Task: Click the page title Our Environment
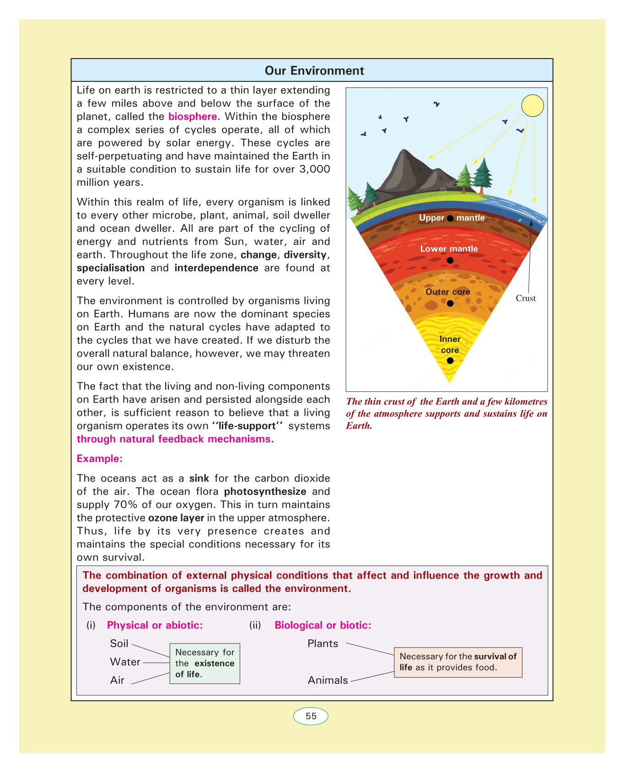(x=314, y=70)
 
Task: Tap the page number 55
(x=311, y=716)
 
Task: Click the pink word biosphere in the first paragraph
(x=192, y=117)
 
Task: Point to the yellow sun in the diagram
(x=533, y=106)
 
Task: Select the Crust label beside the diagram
(x=525, y=298)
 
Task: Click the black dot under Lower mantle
(x=450, y=260)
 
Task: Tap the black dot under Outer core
(x=450, y=303)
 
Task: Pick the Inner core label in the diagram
(x=450, y=344)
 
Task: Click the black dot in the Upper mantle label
(x=450, y=218)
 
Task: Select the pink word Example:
(x=99, y=459)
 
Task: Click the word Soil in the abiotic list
(x=119, y=644)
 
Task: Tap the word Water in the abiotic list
(x=125, y=662)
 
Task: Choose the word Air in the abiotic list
(x=117, y=680)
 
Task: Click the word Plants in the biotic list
(x=323, y=644)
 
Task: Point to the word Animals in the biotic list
(x=328, y=680)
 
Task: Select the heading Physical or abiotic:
(x=155, y=625)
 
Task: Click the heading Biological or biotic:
(x=323, y=625)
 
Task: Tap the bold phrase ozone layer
(x=176, y=518)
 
